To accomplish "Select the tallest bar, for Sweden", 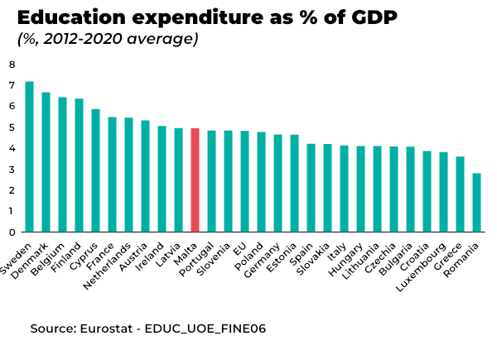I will (29, 157).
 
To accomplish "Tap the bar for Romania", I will (476, 203).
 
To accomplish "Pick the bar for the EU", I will (244, 181).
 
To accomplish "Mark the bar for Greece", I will (460, 194).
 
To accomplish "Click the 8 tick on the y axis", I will (12, 65).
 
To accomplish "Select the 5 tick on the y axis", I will (12, 127).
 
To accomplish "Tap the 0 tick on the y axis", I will (12, 232).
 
